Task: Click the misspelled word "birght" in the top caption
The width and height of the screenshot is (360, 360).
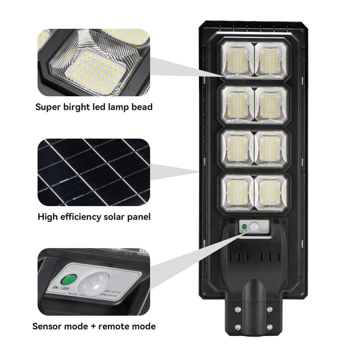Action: (76, 107)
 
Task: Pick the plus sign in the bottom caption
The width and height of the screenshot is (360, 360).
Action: (92, 326)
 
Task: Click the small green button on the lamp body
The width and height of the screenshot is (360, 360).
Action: (243, 226)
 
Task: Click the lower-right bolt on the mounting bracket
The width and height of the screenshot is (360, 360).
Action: (269, 327)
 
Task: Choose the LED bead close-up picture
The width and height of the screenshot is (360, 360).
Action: (93, 62)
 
